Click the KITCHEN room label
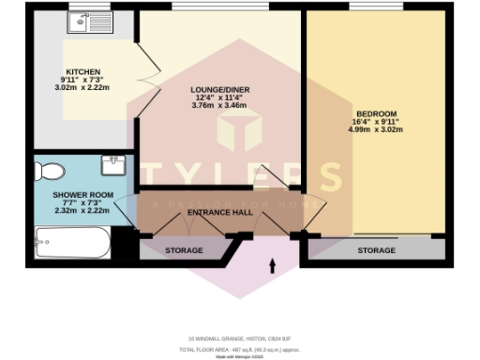91,69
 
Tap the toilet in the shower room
48,172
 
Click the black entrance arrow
273,267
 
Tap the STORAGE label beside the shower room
185,250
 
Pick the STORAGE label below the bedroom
376,250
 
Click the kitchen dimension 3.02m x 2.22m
92,85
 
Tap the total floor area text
239,348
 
